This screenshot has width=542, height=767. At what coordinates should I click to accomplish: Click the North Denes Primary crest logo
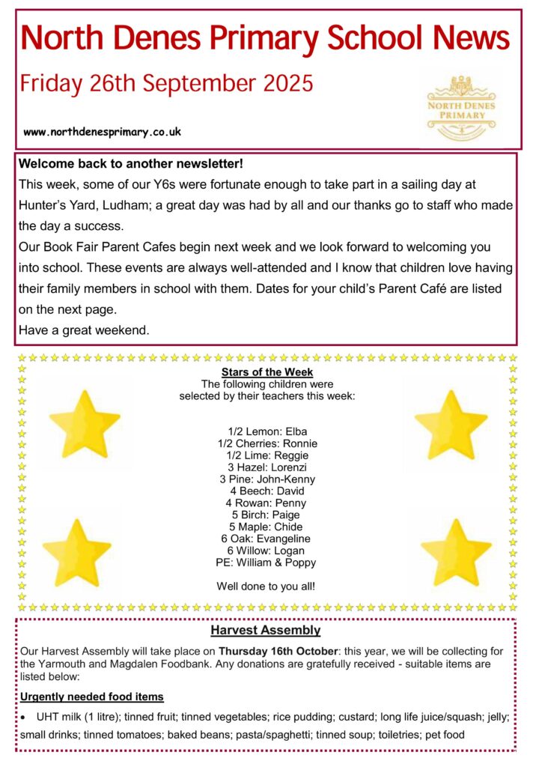click(460, 107)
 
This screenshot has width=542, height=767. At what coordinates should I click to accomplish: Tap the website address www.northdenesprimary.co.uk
click(103, 132)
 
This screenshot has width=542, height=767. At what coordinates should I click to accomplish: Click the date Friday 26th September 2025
click(166, 82)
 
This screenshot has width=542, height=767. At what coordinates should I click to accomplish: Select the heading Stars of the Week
click(267, 372)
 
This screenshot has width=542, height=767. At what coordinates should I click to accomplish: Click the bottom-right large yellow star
click(456, 552)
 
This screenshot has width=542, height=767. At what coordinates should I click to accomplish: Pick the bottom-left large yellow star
click(77, 552)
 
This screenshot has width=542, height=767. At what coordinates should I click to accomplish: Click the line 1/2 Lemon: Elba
click(267, 431)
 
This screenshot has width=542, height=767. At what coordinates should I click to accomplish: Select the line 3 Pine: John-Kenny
click(267, 479)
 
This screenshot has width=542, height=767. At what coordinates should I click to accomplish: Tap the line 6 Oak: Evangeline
click(266, 539)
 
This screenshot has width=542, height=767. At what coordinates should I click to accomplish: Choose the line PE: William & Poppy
click(266, 563)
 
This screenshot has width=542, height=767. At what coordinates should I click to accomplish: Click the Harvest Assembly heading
click(265, 631)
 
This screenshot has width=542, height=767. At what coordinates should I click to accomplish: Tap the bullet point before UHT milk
click(24, 718)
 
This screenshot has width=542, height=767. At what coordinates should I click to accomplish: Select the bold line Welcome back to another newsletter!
click(132, 163)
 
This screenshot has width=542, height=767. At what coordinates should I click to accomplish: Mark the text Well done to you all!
click(266, 586)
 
